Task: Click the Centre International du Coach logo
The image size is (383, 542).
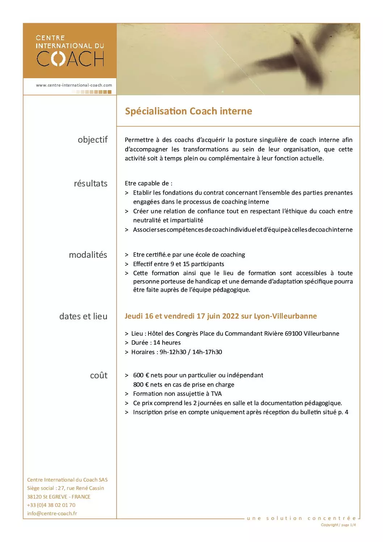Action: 70,51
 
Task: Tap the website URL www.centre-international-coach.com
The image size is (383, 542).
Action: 74,85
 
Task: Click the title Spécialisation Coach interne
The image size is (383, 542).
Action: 188,111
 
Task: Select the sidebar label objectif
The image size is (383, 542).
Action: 93,140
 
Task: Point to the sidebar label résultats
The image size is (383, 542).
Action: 91,184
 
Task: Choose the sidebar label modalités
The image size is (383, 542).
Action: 88,255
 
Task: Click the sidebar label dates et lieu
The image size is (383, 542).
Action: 83,316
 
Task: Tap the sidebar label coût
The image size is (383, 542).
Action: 99,375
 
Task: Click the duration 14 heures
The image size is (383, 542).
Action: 167,343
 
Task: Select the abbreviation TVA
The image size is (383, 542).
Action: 216,394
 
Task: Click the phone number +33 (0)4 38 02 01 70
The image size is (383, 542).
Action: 51,505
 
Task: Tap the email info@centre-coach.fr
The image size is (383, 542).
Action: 52,513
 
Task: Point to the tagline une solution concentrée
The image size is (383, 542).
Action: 301,518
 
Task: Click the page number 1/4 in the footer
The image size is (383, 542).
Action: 353,525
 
